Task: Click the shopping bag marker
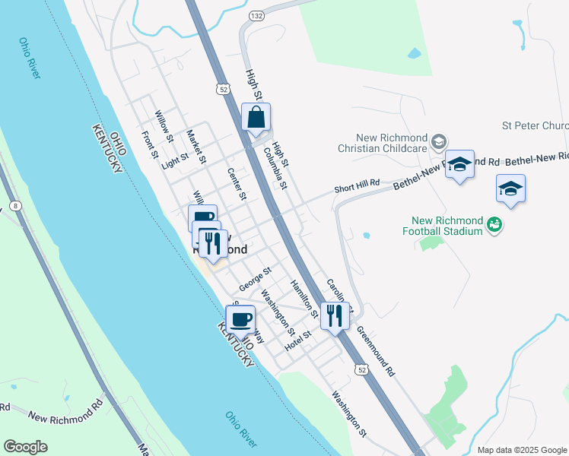point(256,119)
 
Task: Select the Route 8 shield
point(16,206)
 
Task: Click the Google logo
point(25,447)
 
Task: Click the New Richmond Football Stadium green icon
point(494,224)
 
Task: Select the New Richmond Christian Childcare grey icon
point(439,141)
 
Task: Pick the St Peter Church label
point(535,125)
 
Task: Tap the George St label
point(255,278)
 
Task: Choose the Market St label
point(197,146)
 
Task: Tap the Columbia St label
point(275,168)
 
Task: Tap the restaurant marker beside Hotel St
point(334,315)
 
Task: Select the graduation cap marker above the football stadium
point(511,189)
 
